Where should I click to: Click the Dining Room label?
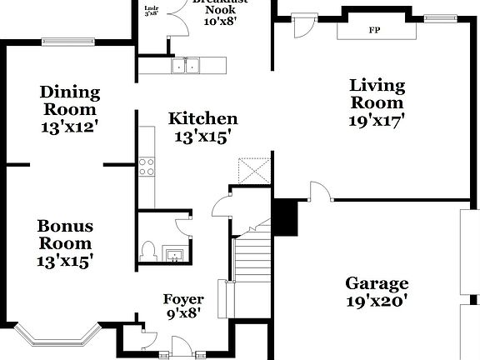(70, 100)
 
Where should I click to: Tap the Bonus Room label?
(65, 234)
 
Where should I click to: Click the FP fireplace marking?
(373, 30)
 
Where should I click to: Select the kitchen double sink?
(185, 65)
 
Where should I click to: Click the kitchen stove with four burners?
(147, 167)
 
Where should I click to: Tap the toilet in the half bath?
(150, 249)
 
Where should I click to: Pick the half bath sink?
(175, 253)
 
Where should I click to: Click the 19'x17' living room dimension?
(377, 120)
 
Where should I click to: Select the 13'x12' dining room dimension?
(70, 127)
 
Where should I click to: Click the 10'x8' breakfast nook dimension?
(221, 22)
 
